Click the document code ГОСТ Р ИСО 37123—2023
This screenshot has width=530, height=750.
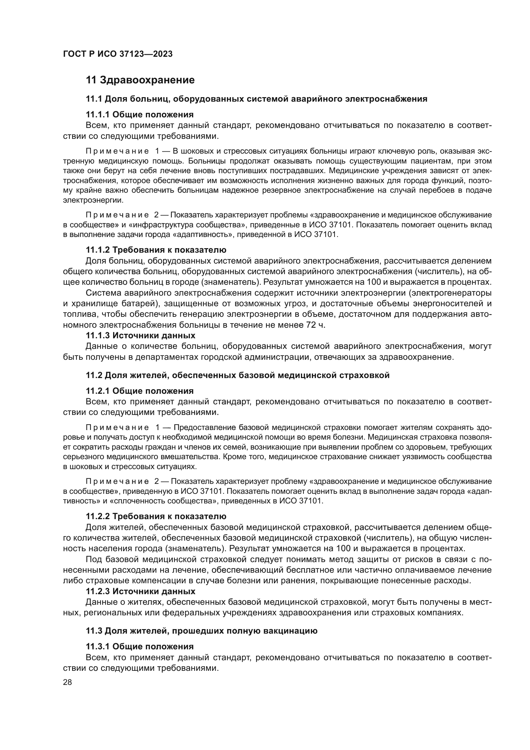click(118, 54)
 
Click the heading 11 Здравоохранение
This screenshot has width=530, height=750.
click(140, 80)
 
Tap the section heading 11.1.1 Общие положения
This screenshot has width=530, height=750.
click(140, 115)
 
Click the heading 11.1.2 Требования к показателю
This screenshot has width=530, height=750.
click(156, 250)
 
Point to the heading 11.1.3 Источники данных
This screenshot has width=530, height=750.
click(141, 335)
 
